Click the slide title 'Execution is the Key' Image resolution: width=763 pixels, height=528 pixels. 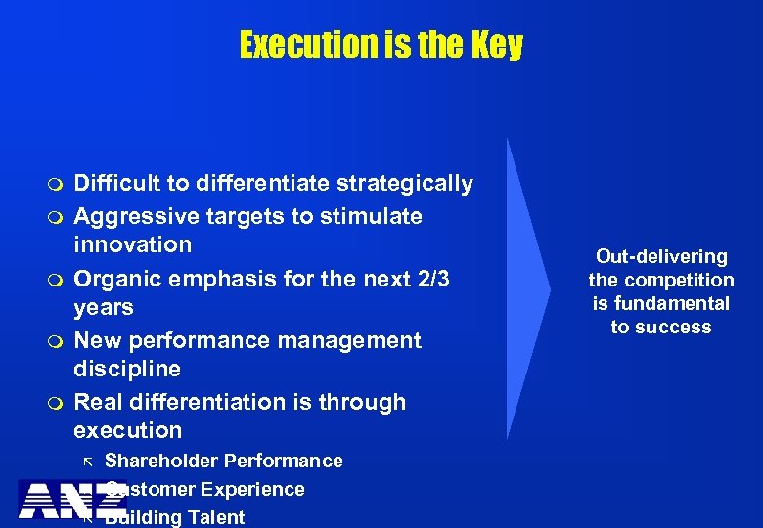[381, 45]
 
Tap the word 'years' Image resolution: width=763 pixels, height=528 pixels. [103, 307]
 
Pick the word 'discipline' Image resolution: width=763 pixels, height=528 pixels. [126, 369]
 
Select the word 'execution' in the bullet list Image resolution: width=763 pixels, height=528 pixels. [127, 431]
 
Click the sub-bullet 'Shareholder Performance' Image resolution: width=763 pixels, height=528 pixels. [223, 461]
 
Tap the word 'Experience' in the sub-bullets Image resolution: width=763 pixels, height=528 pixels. [259, 489]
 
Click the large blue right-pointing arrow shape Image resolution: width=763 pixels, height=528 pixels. [527, 288]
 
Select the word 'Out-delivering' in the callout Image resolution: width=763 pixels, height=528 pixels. [661, 256]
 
